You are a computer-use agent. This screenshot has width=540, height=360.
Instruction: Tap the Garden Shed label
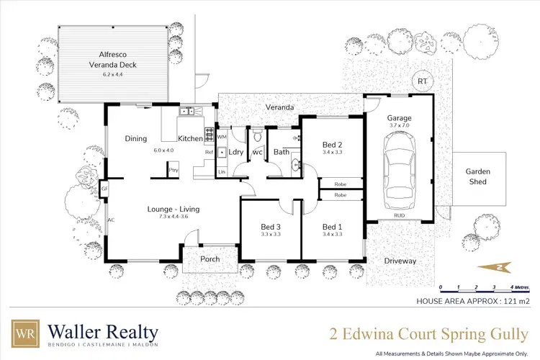[x=476, y=176]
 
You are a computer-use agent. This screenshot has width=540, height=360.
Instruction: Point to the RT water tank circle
[x=422, y=81]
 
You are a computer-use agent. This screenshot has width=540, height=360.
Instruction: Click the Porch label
[x=210, y=259]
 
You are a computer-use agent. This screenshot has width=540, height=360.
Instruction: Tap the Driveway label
[x=401, y=261]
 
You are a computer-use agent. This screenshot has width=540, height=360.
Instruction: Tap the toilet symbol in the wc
[x=256, y=136]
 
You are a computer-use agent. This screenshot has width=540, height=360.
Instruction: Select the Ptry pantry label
[x=174, y=169]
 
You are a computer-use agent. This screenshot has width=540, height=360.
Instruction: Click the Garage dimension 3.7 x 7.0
[x=399, y=126]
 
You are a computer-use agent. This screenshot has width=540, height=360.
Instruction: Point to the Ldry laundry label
[x=234, y=152]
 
